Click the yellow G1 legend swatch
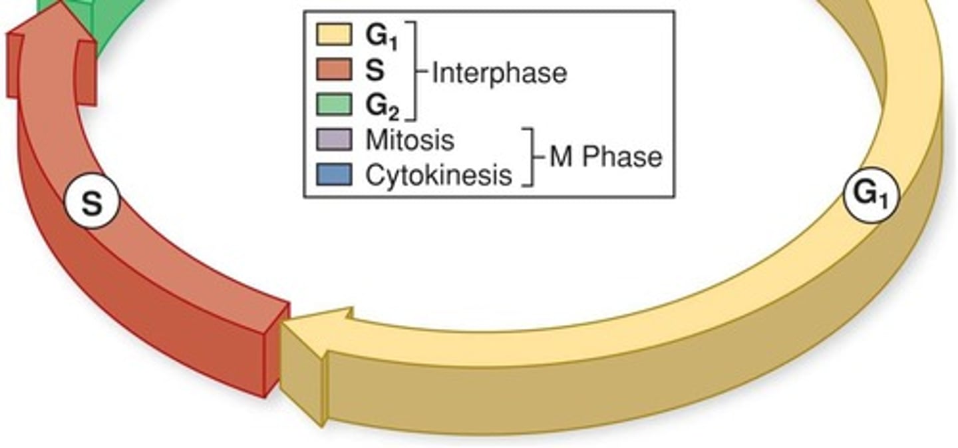click(x=333, y=35)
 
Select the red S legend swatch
click(x=333, y=69)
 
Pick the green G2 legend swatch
click(x=333, y=105)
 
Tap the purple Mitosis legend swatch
click(x=333, y=140)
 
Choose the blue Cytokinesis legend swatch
click(x=333, y=174)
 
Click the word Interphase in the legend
click(x=499, y=73)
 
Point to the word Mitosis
click(x=410, y=140)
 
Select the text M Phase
click(x=605, y=157)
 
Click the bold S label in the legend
click(x=374, y=70)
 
